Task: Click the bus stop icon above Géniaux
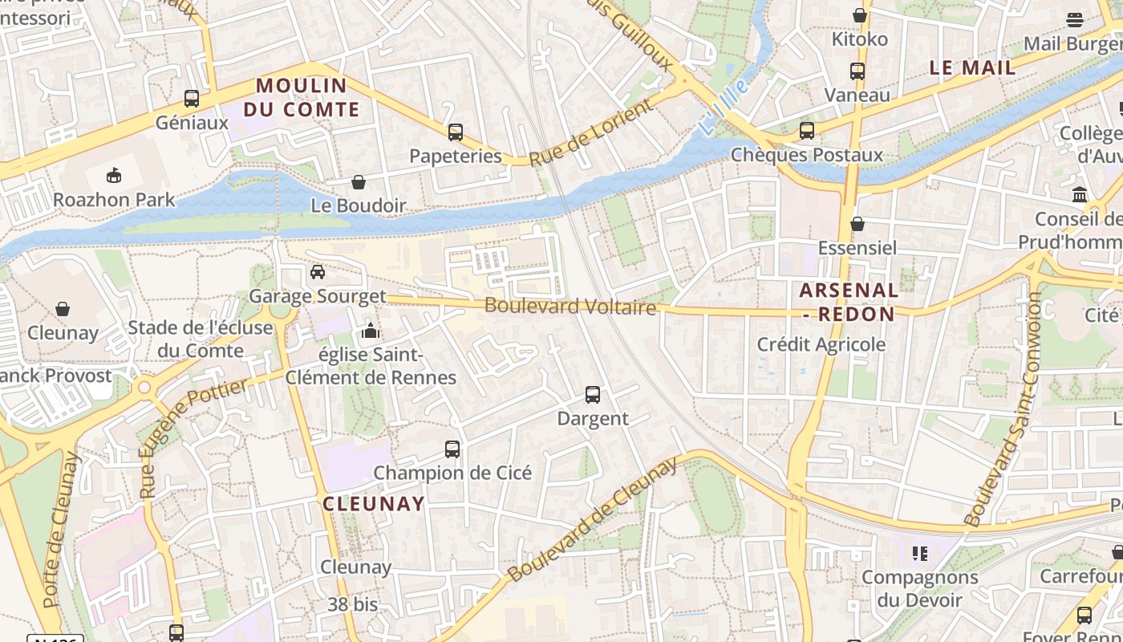[192, 99]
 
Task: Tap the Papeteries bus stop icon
[456, 132]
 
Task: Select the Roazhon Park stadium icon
[114, 175]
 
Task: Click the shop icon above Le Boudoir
[359, 183]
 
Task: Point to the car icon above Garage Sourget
[318, 272]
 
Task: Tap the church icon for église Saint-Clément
[371, 331]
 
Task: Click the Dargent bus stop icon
[593, 395]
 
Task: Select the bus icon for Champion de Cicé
[452, 449]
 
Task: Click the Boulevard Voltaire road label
[570, 307]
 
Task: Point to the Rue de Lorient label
[591, 133]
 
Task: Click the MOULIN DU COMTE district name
[302, 97]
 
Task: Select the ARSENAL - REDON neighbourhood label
[849, 302]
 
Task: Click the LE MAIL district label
[972, 68]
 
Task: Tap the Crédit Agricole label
[821, 344]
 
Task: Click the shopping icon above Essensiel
[857, 224]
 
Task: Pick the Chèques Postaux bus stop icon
[807, 131]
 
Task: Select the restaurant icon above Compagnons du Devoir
[919, 553]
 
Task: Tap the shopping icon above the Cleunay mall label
[63, 309]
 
